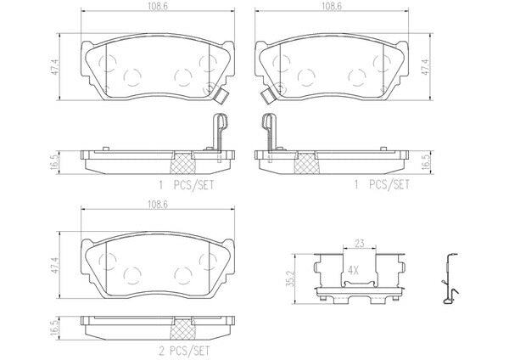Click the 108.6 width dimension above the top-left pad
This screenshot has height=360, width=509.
158,7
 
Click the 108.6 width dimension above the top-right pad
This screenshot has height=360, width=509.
331,7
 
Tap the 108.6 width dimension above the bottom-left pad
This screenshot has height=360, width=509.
158,205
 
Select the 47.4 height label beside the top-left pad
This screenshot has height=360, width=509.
55,67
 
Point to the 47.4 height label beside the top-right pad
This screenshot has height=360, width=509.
426,67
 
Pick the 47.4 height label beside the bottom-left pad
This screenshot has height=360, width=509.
55,265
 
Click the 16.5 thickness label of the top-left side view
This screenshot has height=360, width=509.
55,162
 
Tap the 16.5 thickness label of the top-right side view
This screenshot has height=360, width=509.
426,162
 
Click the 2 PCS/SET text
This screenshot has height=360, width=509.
184,351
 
